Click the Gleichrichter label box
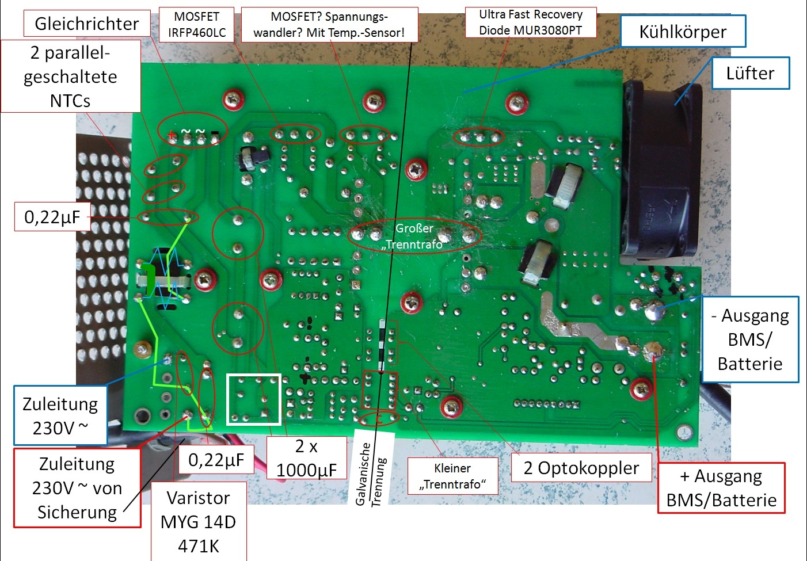click(x=87, y=24)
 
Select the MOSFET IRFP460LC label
click(x=197, y=25)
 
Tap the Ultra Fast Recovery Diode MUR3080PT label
click(x=530, y=22)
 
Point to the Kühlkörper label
click(x=683, y=32)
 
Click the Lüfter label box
click(x=750, y=73)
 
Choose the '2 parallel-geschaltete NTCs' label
click(x=70, y=76)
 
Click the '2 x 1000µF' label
click(x=306, y=458)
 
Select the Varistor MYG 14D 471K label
click(x=199, y=521)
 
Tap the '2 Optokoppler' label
click(x=581, y=468)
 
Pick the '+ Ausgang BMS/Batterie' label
click(x=721, y=487)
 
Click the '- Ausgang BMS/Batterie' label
click(x=750, y=339)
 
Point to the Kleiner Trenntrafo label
click(x=452, y=476)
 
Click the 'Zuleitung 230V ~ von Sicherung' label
click(x=77, y=487)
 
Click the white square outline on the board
click(x=254, y=399)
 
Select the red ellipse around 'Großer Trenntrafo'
click(x=414, y=235)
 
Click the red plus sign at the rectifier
click(x=171, y=136)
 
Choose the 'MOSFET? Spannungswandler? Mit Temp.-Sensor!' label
click(x=329, y=25)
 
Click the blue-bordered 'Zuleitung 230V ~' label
click(x=60, y=415)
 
